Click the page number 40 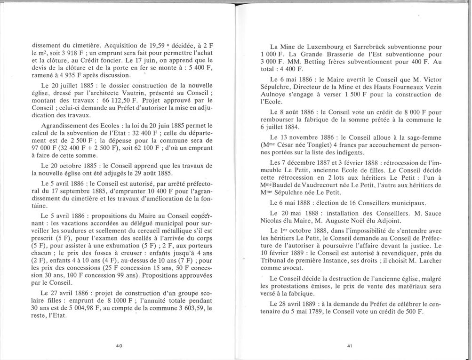119,346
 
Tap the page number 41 350,346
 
